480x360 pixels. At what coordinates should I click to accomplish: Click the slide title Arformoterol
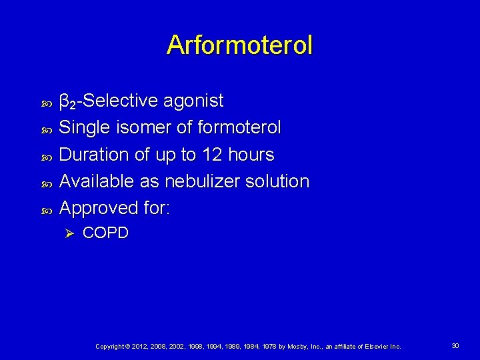239,45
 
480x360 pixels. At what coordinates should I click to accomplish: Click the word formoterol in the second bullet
238,127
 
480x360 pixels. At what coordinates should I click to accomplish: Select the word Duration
94,155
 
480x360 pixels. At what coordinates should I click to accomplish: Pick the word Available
97,181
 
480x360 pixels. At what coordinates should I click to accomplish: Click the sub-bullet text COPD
105,233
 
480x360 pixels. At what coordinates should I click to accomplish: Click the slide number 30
455,346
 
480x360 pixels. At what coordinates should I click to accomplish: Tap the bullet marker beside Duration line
46,156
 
